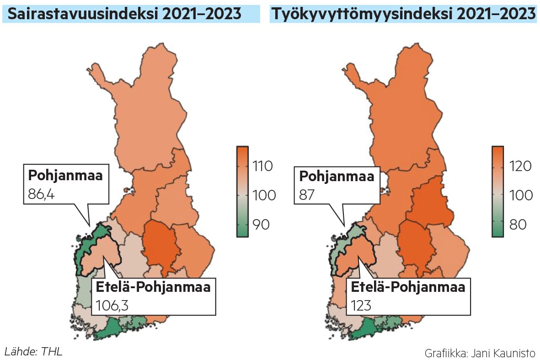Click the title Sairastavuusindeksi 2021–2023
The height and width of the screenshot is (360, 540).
pos(124,14)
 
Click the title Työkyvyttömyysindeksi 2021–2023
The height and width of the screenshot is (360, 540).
pos(403,14)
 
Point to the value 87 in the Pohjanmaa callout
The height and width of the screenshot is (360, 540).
pos(307,193)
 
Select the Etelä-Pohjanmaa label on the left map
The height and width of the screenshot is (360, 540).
pos(153,287)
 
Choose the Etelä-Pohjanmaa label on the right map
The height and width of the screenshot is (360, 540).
pos(408,287)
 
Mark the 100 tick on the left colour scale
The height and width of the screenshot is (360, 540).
pos(264,195)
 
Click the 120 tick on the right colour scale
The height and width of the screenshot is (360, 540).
pos(519,166)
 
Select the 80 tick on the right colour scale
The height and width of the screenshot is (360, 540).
pos(516,225)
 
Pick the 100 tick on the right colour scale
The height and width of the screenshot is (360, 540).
pos(520,195)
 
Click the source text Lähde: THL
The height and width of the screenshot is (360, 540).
pos(33,352)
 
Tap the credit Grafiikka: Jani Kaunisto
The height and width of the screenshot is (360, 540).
pos(480,353)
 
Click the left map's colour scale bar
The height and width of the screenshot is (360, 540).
pos(242,192)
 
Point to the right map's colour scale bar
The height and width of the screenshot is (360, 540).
pos(497,192)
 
